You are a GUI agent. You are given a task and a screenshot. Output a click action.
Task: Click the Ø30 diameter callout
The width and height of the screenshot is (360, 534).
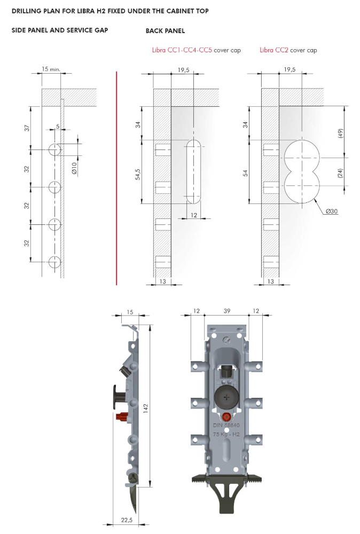pyautogui.click(x=331, y=211)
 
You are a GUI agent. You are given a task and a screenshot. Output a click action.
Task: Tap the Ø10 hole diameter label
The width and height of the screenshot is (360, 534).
pyautogui.click(x=74, y=169)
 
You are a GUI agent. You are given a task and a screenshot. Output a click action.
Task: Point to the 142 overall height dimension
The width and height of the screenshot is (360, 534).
pyautogui.click(x=145, y=409)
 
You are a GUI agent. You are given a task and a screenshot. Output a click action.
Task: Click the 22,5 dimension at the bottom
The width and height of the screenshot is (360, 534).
pyautogui.click(x=127, y=520)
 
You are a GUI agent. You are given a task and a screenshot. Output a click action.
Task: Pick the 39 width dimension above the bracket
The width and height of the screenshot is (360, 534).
pyautogui.click(x=227, y=311)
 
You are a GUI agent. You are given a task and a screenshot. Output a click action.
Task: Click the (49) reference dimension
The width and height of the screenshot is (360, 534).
pyautogui.click(x=340, y=133)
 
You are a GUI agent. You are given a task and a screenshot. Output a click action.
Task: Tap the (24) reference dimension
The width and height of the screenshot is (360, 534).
pyautogui.click(x=340, y=172)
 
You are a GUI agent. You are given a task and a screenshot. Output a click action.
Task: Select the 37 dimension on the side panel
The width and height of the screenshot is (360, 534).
pyautogui.click(x=27, y=128)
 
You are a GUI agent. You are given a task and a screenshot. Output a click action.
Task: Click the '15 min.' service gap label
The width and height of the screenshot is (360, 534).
pyautogui.click(x=51, y=69)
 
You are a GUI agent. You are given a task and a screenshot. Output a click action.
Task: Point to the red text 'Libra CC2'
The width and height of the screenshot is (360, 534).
pyautogui.click(x=274, y=50)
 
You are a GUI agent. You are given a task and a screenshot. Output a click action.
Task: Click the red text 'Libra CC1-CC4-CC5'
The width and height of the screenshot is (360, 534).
pyautogui.click(x=182, y=50)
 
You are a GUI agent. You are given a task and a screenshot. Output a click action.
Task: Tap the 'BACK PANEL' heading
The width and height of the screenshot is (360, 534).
pyautogui.click(x=165, y=30)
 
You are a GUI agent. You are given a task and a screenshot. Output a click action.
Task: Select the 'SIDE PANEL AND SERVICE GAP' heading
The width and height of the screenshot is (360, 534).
pyautogui.click(x=60, y=30)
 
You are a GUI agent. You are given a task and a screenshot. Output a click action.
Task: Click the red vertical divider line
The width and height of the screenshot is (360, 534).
pyautogui.click(x=116, y=178)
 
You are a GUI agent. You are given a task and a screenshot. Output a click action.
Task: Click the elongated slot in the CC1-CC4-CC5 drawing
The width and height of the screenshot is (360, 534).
pyautogui.click(x=194, y=171)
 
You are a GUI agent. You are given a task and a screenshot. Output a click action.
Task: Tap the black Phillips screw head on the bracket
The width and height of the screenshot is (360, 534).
pyautogui.click(x=226, y=397)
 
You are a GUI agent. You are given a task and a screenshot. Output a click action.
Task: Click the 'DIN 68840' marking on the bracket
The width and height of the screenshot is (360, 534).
pyautogui.click(x=226, y=425)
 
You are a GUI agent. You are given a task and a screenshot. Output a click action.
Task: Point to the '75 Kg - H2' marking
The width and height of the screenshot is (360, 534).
pyautogui.click(x=226, y=434)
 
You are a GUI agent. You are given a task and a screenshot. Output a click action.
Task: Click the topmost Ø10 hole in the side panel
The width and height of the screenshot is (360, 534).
pyautogui.click(x=54, y=150)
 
